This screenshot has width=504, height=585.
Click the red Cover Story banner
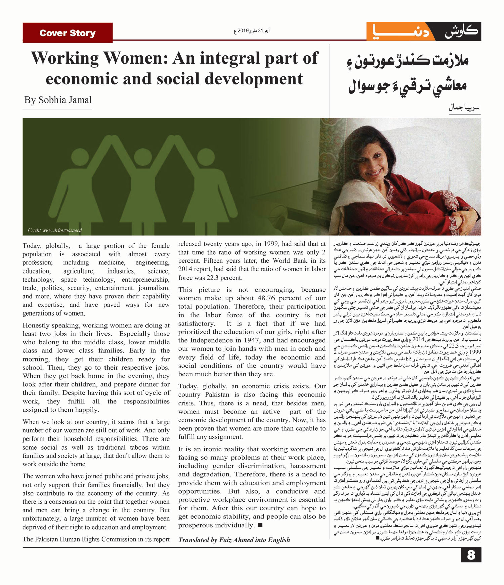click(x=67, y=33)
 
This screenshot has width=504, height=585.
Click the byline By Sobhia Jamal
click(x=58, y=100)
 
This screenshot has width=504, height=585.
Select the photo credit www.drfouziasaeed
click(x=55, y=230)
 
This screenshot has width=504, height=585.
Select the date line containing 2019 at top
click(x=252, y=31)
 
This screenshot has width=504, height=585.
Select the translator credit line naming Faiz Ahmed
click(x=234, y=540)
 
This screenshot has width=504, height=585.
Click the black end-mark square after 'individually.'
click(x=260, y=525)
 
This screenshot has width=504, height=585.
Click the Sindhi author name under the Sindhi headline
click(x=464, y=108)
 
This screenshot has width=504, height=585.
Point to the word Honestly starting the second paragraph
click(x=37, y=325)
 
